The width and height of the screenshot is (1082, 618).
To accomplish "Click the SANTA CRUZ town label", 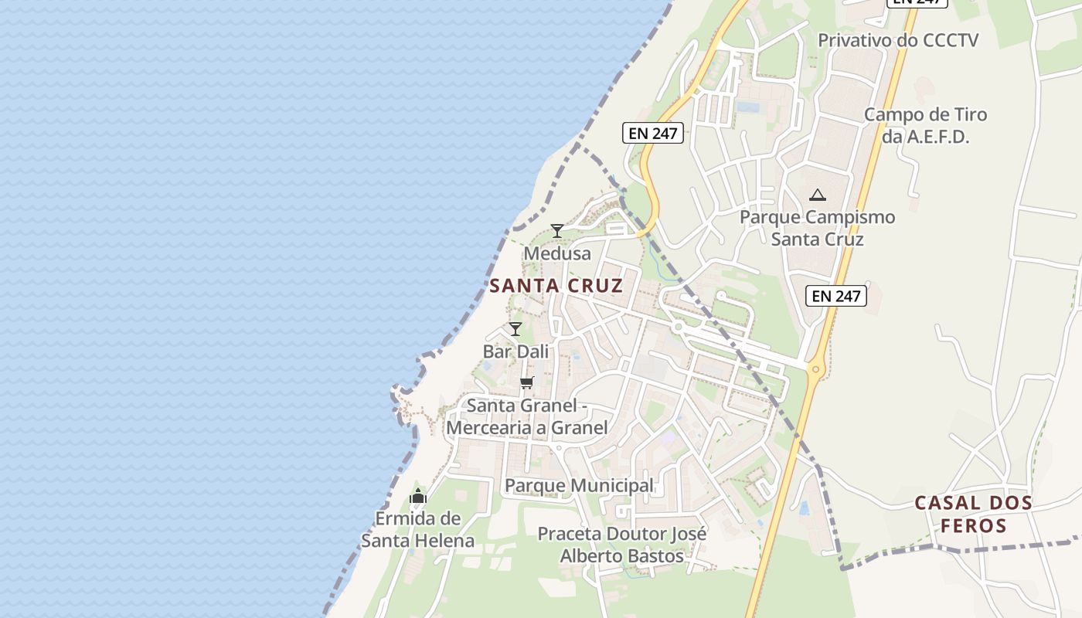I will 556,286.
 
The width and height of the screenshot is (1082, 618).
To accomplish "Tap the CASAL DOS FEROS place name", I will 973,514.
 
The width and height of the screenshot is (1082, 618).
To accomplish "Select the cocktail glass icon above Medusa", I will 556,230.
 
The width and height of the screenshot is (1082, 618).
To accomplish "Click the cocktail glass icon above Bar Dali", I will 515,328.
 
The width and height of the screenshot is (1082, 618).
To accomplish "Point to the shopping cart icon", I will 527,382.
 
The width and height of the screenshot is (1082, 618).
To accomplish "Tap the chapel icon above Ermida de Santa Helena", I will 418,496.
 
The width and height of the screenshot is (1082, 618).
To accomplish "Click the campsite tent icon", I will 818,195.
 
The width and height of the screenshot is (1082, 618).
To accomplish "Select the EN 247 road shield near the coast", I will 653,133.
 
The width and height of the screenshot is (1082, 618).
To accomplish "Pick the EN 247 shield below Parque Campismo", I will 836,295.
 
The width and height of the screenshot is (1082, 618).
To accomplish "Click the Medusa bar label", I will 557,253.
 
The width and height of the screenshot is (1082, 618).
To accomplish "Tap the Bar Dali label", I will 515,351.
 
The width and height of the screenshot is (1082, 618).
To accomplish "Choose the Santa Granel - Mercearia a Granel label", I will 527,416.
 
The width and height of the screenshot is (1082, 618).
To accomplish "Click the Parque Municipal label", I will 579,486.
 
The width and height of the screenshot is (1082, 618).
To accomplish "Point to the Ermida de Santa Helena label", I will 418,529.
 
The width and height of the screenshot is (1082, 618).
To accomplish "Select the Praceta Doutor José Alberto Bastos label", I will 622,545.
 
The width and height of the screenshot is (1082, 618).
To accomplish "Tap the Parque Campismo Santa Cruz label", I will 818,228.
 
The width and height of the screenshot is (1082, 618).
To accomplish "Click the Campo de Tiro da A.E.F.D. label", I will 925,126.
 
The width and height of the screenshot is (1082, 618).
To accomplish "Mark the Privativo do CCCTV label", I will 898,40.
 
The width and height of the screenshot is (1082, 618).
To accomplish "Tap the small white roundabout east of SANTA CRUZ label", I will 678,328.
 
